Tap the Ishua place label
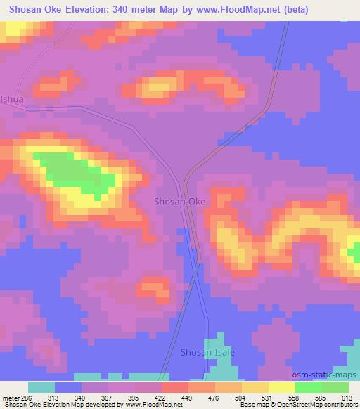(x=12, y=99)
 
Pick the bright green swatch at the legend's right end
(x=335, y=387)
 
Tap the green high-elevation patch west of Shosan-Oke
(x=77, y=176)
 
